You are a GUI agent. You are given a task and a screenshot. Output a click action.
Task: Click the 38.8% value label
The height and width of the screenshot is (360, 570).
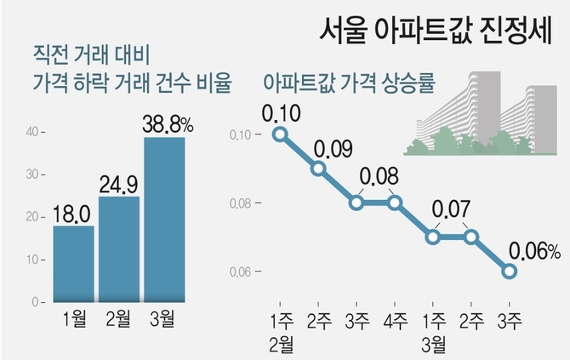(168, 123)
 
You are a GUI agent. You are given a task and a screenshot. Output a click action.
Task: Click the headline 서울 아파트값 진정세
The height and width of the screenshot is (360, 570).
(434, 32)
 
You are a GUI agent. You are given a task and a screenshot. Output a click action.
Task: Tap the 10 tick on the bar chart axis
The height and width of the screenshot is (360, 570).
(33, 260)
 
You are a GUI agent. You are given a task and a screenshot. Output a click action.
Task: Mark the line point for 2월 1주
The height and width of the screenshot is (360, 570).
(279, 134)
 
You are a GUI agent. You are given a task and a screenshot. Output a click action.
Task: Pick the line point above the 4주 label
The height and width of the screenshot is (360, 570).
(395, 203)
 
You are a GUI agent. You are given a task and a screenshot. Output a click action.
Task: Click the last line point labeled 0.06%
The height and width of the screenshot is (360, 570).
(509, 271)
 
